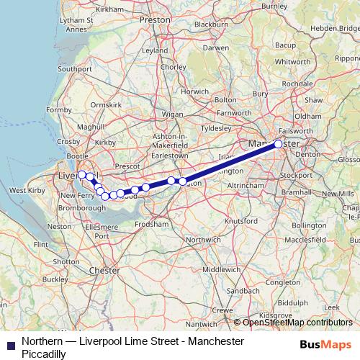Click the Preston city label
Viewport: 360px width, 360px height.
tap(153, 20)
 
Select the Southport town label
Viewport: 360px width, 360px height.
tap(76, 69)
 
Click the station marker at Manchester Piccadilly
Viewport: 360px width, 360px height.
tap(279, 144)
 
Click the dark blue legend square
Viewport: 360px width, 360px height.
tap(10, 343)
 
